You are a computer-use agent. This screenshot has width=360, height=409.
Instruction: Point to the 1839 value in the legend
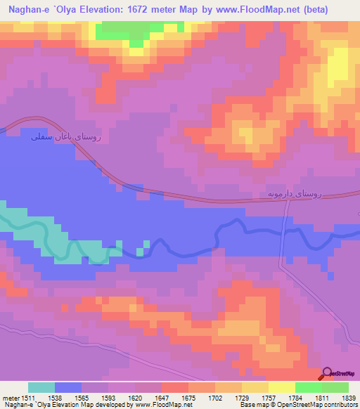(x=340, y=397)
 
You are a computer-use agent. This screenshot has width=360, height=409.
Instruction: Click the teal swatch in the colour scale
(x=41, y=387)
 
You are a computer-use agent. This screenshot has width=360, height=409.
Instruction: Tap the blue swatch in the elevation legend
(x=68, y=387)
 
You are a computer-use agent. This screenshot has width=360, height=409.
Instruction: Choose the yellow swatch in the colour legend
(x=282, y=387)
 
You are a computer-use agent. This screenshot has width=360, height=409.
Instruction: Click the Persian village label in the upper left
(x=67, y=138)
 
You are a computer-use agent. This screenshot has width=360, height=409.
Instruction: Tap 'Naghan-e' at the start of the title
(x=27, y=11)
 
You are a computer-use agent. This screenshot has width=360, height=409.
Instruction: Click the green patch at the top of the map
(x=134, y=32)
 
